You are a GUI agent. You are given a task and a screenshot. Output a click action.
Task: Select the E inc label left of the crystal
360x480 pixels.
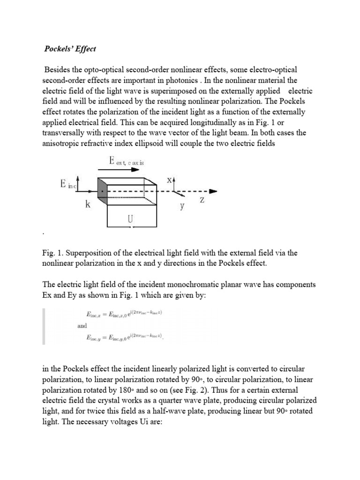tap(66, 184)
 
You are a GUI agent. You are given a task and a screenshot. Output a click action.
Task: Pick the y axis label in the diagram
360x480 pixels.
tap(183, 206)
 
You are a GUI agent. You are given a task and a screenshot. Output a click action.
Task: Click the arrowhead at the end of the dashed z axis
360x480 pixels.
tap(214, 191)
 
